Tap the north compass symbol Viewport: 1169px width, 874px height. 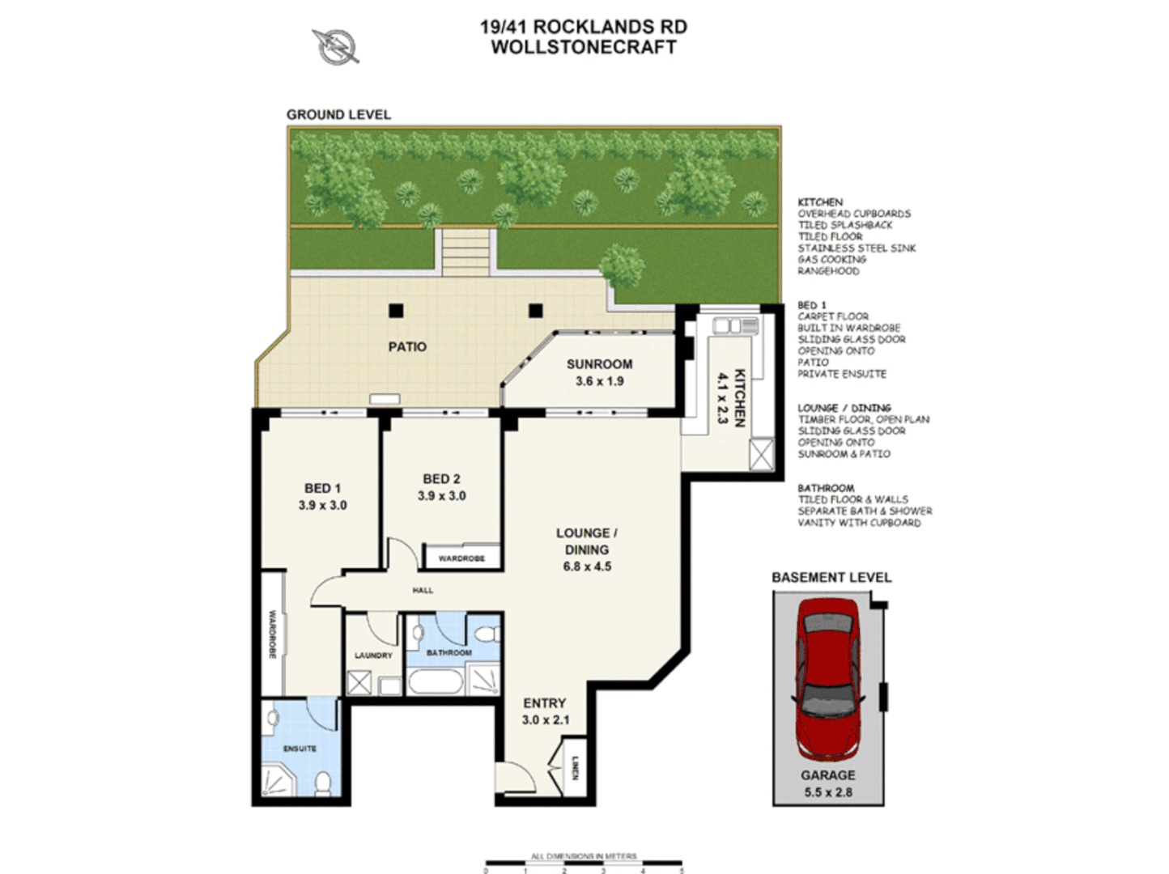335,46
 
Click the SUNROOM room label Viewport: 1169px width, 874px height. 599,364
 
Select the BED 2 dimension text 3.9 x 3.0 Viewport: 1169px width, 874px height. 441,496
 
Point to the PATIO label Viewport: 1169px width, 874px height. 407,346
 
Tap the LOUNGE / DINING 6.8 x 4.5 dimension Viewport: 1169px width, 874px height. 587,566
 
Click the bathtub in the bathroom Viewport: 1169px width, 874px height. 435,681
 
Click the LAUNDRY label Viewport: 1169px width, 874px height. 373,655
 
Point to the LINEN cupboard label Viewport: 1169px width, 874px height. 575,767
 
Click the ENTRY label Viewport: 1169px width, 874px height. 544,703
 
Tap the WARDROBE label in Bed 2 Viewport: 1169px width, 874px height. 461,558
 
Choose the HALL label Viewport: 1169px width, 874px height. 423,591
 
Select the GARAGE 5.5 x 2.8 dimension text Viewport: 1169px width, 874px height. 828,792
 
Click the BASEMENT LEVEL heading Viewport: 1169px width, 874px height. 831,577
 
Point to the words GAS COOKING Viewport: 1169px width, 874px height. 831,260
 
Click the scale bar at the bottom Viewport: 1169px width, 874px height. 583,864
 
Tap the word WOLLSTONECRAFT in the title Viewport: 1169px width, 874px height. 583,47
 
